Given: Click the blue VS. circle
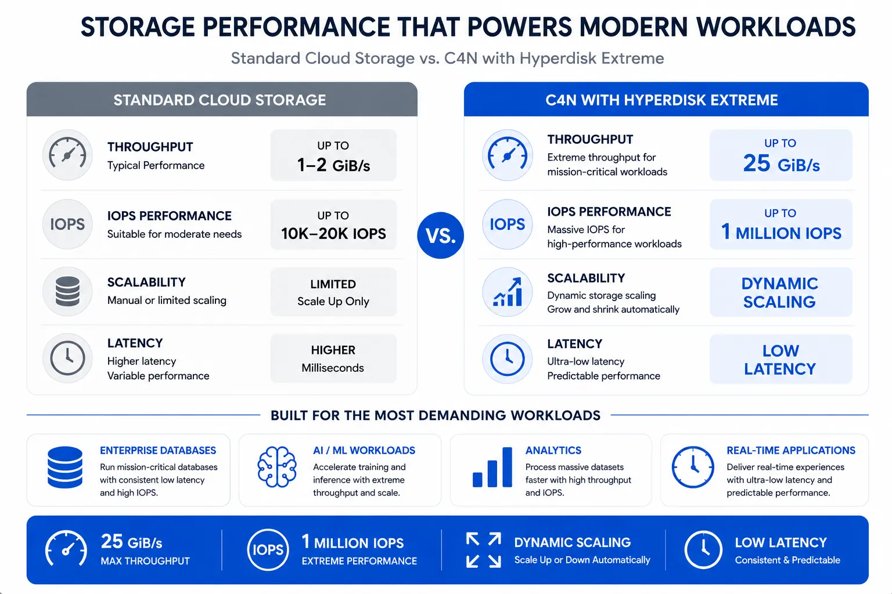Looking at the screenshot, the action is tap(440, 235).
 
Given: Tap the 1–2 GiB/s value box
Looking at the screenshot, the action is tap(333, 155).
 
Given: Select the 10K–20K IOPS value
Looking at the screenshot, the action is tap(333, 234).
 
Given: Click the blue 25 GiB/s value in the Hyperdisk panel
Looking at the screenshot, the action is tap(781, 164).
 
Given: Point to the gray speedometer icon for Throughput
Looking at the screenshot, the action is tap(67, 155).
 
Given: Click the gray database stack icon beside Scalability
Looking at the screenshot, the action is tap(67, 292).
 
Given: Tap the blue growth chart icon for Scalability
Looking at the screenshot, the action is tap(508, 292).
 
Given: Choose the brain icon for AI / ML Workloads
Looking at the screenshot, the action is tap(277, 467).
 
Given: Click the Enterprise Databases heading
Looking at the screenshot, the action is tap(158, 450).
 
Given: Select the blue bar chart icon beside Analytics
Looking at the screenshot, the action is tap(492, 467).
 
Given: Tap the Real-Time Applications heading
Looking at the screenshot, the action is tap(791, 450).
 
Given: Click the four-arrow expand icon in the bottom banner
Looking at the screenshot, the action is tap(483, 550).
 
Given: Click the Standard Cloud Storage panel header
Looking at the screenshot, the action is tap(222, 99).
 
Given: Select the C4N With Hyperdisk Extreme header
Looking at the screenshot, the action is tap(666, 99).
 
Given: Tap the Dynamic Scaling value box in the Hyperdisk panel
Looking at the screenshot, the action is tap(780, 292).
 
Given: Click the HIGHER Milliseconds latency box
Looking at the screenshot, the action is tap(333, 358).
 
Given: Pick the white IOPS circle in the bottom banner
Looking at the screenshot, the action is tap(268, 550).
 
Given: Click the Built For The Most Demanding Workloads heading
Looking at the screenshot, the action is tap(435, 415).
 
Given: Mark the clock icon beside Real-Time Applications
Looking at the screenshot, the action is tap(692, 467).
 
